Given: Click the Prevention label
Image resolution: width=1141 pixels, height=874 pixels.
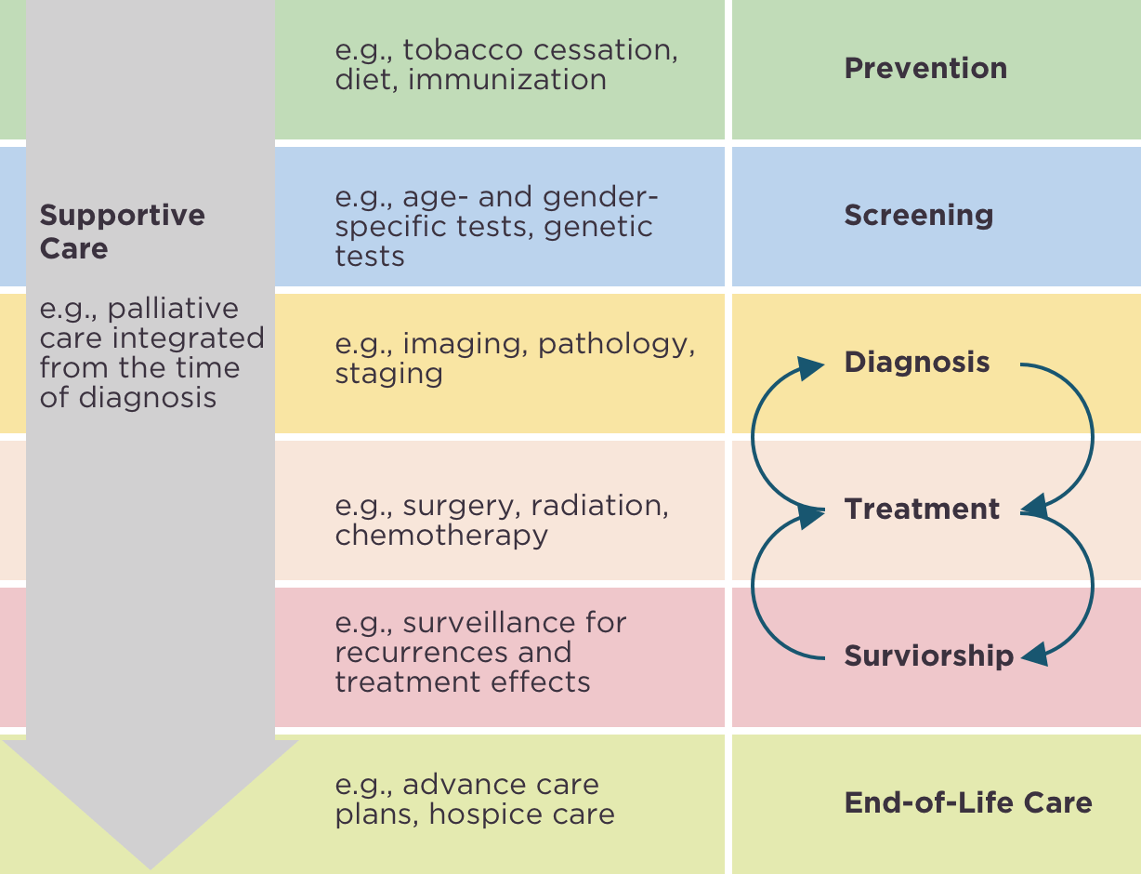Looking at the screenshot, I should click(x=925, y=68).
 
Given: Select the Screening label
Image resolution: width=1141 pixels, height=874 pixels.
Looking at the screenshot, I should click(x=918, y=215).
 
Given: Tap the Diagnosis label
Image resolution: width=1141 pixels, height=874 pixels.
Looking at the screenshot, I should click(x=916, y=362).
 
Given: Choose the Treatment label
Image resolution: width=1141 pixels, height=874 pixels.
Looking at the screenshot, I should click(x=922, y=509).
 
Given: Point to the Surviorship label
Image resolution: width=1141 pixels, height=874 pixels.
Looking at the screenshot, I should click(x=928, y=655).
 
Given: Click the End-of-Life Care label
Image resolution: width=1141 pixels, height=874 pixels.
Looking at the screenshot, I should click(x=967, y=802).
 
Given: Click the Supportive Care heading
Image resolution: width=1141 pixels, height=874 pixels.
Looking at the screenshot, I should click(x=122, y=232).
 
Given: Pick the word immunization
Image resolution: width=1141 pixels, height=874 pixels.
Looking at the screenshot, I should click(x=507, y=79).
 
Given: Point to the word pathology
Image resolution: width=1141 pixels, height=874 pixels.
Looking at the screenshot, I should click(x=616, y=344).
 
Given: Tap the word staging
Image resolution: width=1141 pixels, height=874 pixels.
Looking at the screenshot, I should click(x=388, y=374).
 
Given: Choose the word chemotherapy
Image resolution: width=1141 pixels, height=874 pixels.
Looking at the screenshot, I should click(x=441, y=536).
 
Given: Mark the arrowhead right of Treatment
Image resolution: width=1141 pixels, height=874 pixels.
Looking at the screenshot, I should click(x=1034, y=508).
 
